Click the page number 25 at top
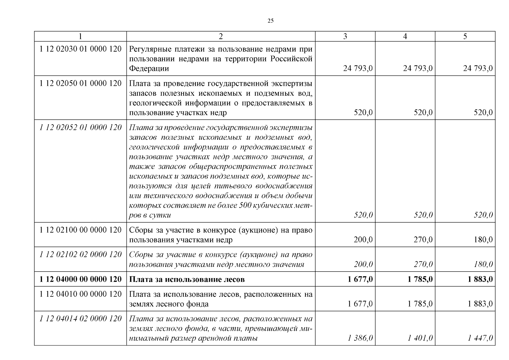point(270,21)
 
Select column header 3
point(345,36)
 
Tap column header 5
point(465,36)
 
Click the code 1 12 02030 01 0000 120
point(80,49)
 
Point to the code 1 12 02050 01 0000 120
point(80,83)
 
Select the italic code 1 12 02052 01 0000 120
point(80,127)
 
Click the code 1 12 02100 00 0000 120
point(80,230)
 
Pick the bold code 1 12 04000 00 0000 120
point(80,279)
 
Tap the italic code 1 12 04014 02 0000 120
point(80,319)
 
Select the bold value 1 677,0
point(360,279)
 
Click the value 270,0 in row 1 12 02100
point(423,240)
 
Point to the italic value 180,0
point(483,264)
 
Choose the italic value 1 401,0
point(420,338)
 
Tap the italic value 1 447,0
point(480,338)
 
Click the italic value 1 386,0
point(360,338)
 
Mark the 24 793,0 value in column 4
point(418,68)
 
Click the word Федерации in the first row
point(149,68)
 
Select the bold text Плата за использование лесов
point(187,279)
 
